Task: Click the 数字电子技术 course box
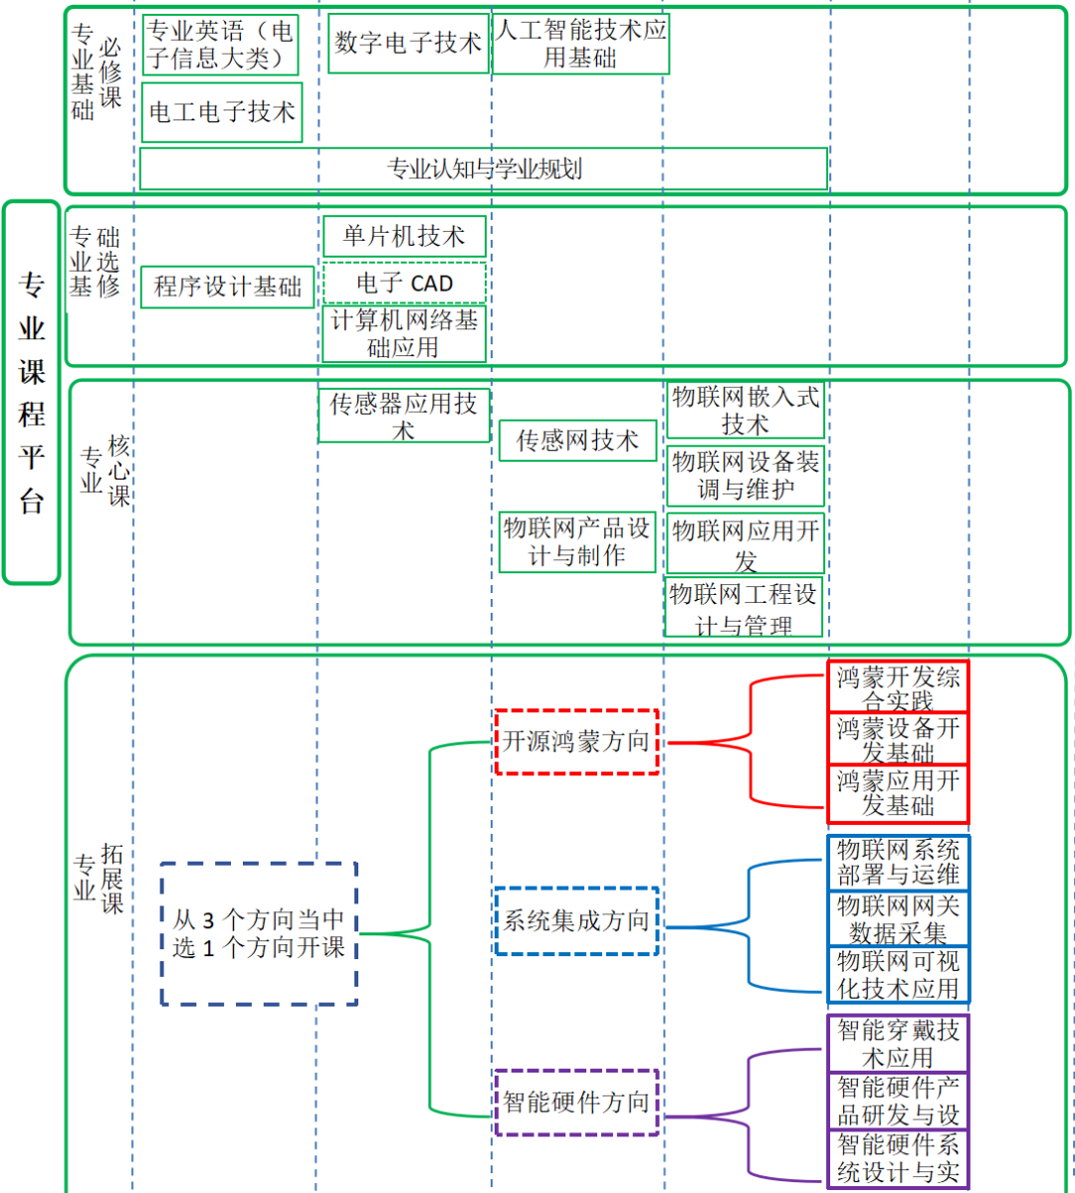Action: click(408, 43)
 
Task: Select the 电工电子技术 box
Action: click(222, 112)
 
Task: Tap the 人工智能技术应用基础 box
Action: click(581, 44)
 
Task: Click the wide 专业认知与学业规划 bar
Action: click(484, 169)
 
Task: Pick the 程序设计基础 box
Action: click(227, 287)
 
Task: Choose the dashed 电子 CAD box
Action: click(404, 284)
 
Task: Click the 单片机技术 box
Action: click(404, 237)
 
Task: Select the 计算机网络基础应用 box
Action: click(404, 334)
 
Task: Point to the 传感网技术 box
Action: click(577, 441)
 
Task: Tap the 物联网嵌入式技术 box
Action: click(746, 410)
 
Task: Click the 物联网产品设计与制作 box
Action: click(577, 542)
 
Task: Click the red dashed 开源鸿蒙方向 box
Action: click(576, 742)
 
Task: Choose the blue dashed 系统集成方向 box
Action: click(576, 921)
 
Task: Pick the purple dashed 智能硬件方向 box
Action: click(576, 1102)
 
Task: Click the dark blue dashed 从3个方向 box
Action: click(259, 933)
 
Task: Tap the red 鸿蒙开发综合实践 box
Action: click(898, 687)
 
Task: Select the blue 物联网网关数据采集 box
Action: click(898, 918)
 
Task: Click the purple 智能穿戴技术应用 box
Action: click(898, 1043)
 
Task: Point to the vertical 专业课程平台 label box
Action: click(32, 392)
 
